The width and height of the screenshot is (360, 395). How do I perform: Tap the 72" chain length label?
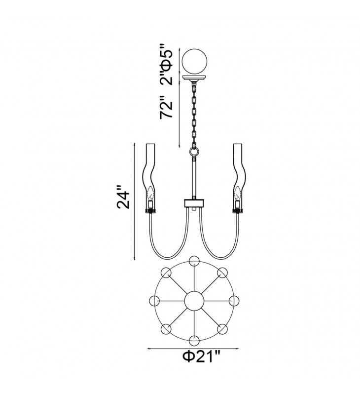coord(167,107)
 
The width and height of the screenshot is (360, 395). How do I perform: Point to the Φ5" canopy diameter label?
coord(167,58)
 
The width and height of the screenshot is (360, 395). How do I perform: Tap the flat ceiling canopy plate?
coord(194,78)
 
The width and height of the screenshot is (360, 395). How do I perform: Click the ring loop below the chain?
coord(194,152)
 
